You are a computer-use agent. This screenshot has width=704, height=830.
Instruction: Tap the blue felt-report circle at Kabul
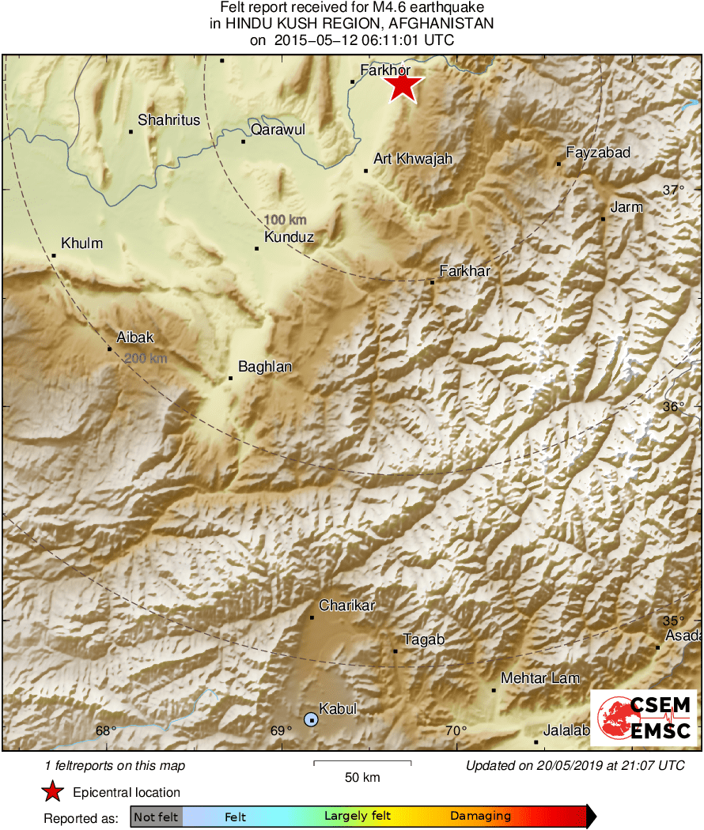coord(311,719)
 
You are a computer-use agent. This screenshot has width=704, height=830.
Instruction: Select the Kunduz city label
coord(289,237)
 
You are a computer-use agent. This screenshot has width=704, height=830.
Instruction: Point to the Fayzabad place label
coord(598,153)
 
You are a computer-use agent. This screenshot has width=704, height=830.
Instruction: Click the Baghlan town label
coord(265,367)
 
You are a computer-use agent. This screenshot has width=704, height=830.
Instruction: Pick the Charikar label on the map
coord(346,606)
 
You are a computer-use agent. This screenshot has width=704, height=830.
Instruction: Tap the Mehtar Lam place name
coord(540,678)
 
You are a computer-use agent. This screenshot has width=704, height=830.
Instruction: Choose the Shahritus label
coord(169,120)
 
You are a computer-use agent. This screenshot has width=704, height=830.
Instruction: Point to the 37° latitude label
coord(673,190)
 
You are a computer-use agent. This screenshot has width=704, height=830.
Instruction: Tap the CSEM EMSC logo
coord(644,716)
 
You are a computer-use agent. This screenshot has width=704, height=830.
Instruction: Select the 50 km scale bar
coord(362,763)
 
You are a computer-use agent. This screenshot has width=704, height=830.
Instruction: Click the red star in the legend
coord(52,792)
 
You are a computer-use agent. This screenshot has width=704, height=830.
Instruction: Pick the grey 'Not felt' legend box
coord(156,817)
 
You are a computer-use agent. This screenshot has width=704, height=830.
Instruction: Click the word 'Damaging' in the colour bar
coord(480,817)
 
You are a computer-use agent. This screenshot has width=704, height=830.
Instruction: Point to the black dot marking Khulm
coord(54,255)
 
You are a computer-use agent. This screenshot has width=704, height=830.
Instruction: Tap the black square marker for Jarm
coord(603,218)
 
